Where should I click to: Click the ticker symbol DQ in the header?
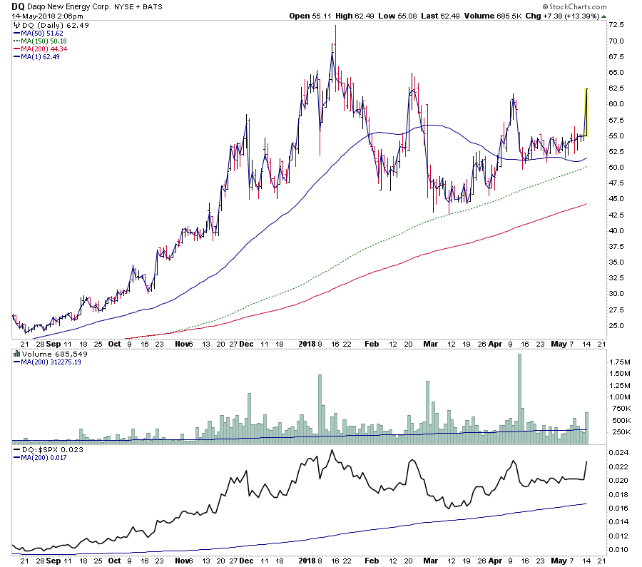point(17,6)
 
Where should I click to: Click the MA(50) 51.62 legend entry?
point(37,34)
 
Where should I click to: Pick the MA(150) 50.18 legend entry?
point(39,41)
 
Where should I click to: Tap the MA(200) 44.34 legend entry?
point(39,48)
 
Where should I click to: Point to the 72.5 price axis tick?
point(616,25)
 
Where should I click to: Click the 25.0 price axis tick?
point(616,326)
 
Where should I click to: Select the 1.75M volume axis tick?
point(618,362)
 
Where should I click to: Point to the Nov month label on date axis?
point(183,342)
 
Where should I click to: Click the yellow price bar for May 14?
point(586,111)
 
